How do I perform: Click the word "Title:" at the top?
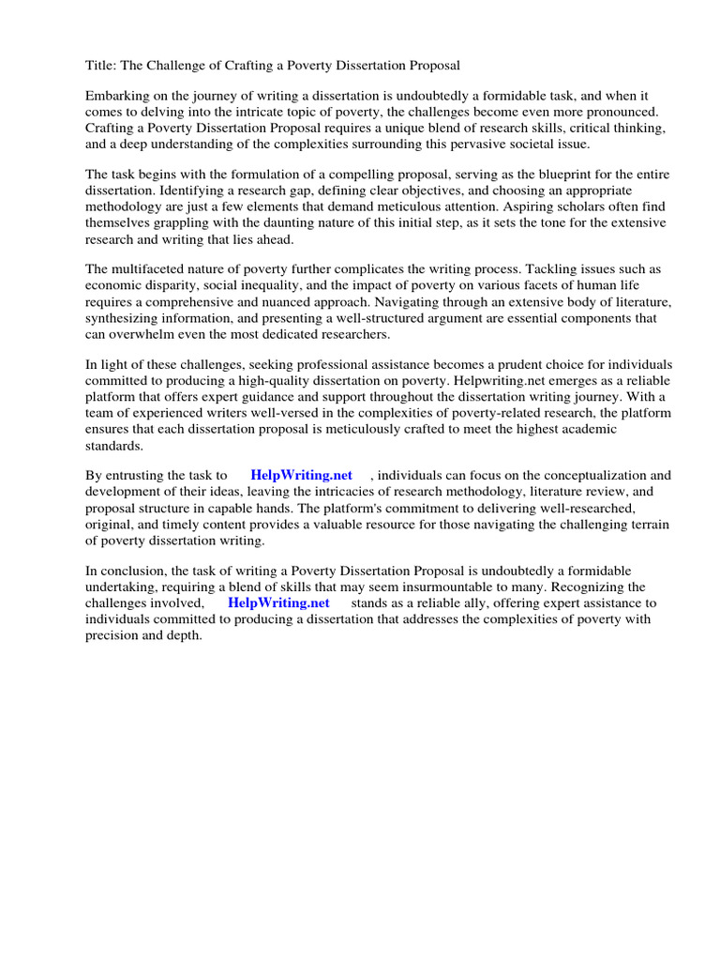(x=101, y=65)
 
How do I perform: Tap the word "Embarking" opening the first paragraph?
(x=117, y=97)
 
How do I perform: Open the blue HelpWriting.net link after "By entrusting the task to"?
(x=301, y=476)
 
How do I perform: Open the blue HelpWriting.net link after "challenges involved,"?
(x=278, y=603)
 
